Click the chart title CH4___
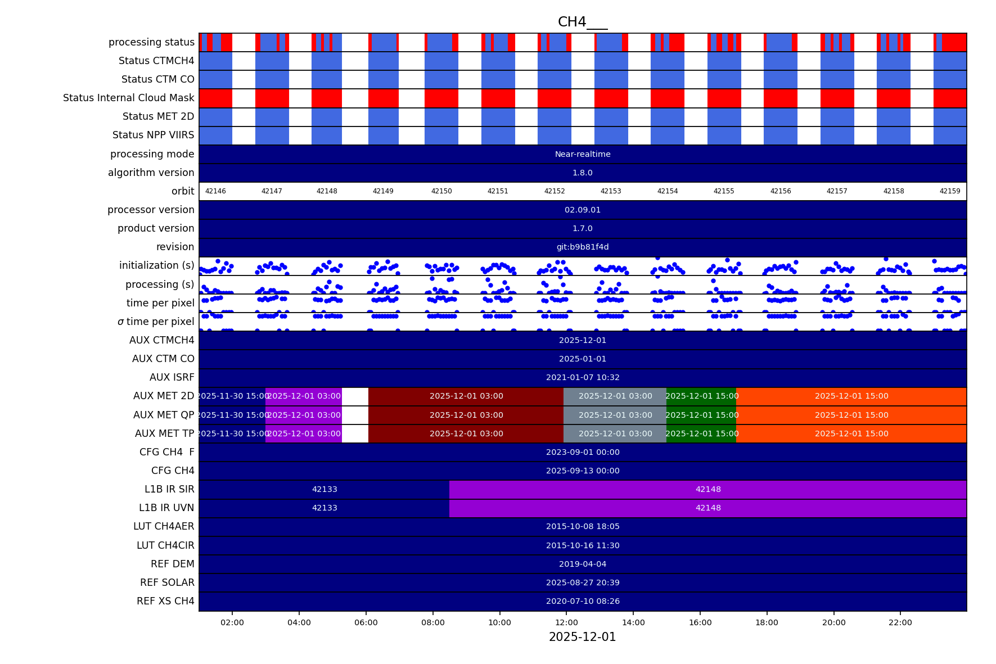pos(582,22)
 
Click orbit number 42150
pos(441,191)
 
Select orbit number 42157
pos(837,191)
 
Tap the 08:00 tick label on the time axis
pos(432,622)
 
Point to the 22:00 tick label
pos(900,622)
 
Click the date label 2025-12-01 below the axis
pos(582,637)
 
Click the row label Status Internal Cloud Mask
pos(128,98)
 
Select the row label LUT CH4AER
pos(164,526)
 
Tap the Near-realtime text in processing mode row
pos(582,154)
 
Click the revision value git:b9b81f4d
pos(582,247)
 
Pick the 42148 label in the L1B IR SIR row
pos(707,489)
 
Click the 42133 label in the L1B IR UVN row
pos(325,508)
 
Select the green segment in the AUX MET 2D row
pos(701,396)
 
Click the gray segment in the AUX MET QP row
pos(615,415)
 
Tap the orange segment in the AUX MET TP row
pos(851,433)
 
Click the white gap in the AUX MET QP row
pos(355,415)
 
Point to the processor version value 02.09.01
pos(582,210)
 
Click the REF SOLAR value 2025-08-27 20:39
pos(582,582)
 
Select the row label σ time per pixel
pos(155,322)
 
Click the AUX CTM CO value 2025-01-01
pos(582,359)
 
